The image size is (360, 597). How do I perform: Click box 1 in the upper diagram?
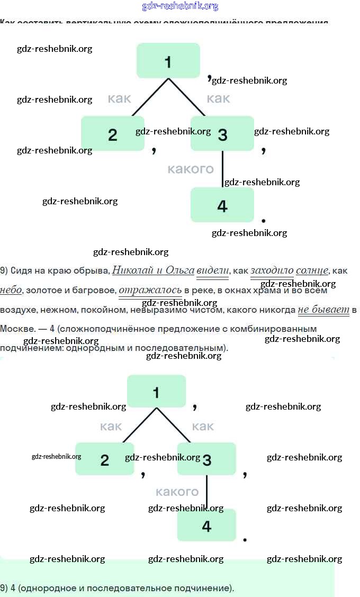pos(168,61)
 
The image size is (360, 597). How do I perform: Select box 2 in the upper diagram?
pos(112,134)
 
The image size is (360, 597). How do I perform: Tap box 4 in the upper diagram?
pos(222,205)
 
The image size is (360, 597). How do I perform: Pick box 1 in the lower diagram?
pos(156,392)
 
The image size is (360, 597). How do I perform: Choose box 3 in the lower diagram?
pos(206,459)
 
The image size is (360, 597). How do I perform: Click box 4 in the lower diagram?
pos(206,525)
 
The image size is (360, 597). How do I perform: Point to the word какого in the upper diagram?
pos(191,169)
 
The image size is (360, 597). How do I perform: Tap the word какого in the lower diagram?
pos(177,492)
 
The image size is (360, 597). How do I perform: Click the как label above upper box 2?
pos(119,98)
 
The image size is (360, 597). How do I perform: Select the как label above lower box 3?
pos(203,426)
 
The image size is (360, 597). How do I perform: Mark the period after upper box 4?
pos(264,220)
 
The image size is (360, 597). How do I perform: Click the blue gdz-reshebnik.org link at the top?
pos(180,6)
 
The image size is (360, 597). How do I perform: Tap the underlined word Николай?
pos(132,270)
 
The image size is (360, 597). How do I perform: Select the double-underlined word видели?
pos(212,270)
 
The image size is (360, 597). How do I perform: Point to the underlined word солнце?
pos(312,270)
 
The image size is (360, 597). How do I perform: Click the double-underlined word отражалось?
pos(150,290)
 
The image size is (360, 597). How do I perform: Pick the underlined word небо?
pos(11,290)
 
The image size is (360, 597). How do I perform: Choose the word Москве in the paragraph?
pos(14,329)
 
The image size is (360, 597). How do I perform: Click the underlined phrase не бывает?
pos(323,310)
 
